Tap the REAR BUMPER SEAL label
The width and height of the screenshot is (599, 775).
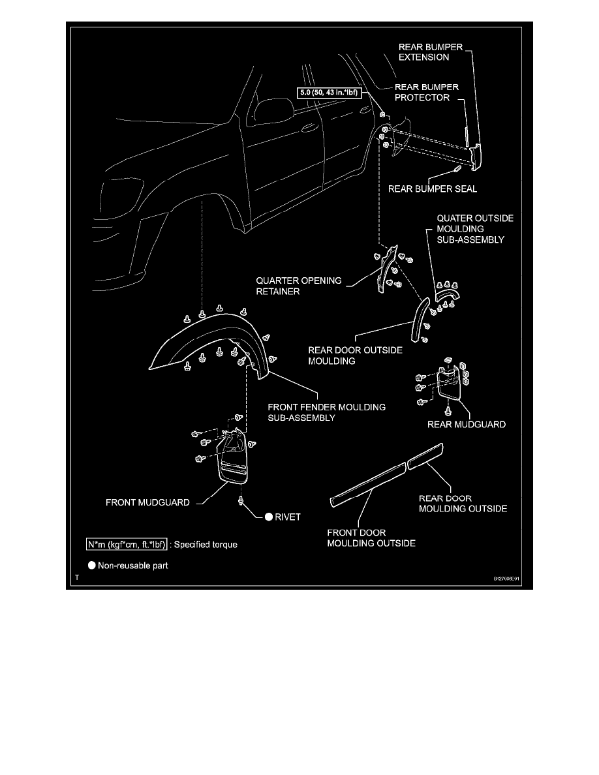pyautogui.click(x=433, y=189)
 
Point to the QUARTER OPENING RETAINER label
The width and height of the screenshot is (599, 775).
pyautogui.click(x=298, y=286)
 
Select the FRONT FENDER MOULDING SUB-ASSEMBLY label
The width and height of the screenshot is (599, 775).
pyautogui.click(x=326, y=412)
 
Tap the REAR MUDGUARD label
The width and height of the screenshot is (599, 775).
pyautogui.click(x=467, y=424)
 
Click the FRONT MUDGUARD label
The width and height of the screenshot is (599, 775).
pyautogui.click(x=148, y=502)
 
